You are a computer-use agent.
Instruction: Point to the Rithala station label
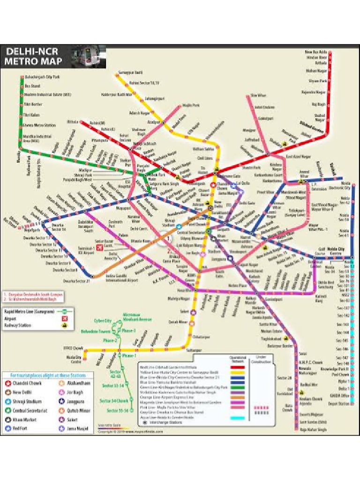(x=73, y=121)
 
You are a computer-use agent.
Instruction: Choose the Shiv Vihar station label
(x=258, y=95)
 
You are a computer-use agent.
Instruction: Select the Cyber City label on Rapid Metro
(x=103, y=321)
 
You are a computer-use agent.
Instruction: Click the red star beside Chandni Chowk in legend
(x=8, y=383)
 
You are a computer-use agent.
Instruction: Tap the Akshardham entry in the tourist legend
(x=77, y=383)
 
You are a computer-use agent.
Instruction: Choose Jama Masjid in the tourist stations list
(x=77, y=428)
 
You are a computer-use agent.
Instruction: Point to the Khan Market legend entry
(x=24, y=419)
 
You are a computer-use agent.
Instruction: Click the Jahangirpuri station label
(x=155, y=99)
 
